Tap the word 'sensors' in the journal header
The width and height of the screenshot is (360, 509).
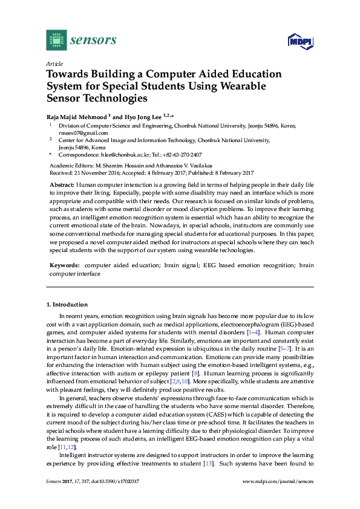coord(93,40)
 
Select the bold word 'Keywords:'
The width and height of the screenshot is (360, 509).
coord(65,265)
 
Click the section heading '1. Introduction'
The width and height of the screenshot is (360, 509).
coord(67,305)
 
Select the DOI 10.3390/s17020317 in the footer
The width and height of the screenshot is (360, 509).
coord(116,482)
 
